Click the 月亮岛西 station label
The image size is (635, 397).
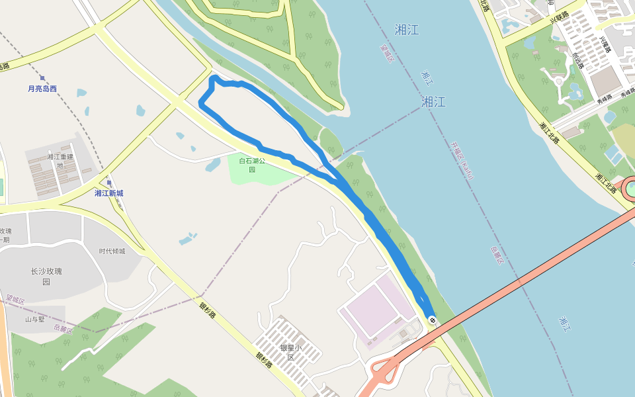pyautogui.click(x=42, y=89)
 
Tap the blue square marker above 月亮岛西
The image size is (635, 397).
pyautogui.click(x=42, y=78)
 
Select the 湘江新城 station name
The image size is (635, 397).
pyautogui.click(x=108, y=193)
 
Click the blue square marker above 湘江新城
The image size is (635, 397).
pyautogui.click(x=108, y=183)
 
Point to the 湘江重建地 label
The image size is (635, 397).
pyautogui.click(x=60, y=161)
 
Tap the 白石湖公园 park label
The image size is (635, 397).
pyautogui.click(x=252, y=165)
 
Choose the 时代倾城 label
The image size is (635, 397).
pyautogui.click(x=112, y=251)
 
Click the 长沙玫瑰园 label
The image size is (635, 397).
pyautogui.click(x=46, y=277)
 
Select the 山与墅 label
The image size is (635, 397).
pyautogui.click(x=35, y=319)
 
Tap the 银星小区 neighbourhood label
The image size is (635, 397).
pyautogui.click(x=290, y=352)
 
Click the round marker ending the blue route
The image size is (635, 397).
pyautogui.click(x=433, y=320)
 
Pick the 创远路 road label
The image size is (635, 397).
pyautogui.click(x=577, y=60)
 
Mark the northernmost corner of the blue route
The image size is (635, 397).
pyautogui.click(x=213, y=79)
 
